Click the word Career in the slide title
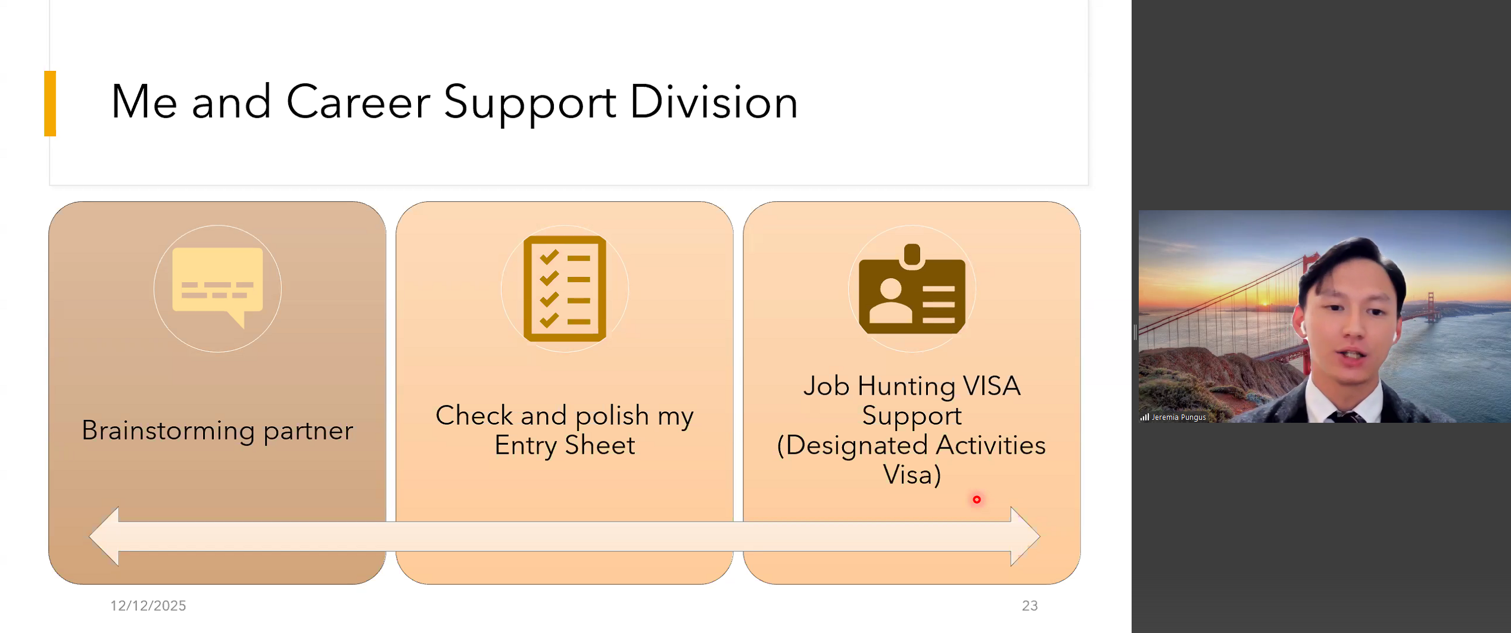(x=358, y=102)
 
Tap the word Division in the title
(x=714, y=102)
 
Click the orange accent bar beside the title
(x=50, y=104)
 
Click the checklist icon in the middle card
(x=565, y=289)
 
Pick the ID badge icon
(x=912, y=289)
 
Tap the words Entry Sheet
(x=565, y=445)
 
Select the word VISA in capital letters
(x=992, y=386)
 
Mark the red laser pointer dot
(x=977, y=500)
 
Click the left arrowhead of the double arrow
(x=104, y=537)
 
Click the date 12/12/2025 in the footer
(x=148, y=606)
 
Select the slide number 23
(x=1030, y=606)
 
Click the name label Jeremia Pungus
(x=1179, y=417)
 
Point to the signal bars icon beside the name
(x=1145, y=417)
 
